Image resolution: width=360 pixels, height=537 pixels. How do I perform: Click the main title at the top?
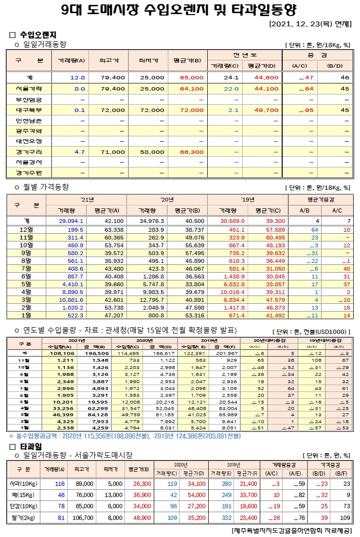(180, 10)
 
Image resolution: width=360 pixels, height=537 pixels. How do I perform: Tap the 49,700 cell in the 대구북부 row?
(266, 110)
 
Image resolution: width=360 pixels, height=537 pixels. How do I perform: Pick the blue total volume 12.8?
(77, 77)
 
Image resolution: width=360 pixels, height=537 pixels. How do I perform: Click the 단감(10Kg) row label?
(21, 506)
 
